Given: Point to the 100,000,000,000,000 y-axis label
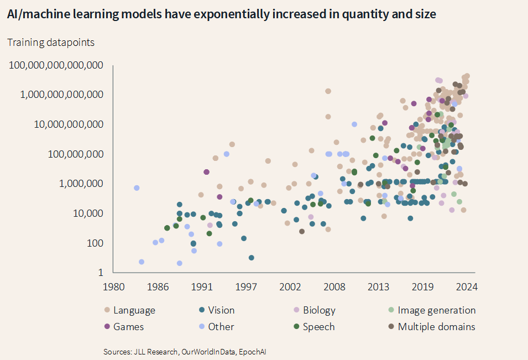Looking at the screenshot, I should pyautogui.click(x=56, y=65).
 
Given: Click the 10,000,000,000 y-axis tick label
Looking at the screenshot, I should pyautogui.click(x=68, y=124).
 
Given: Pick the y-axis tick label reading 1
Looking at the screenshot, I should pyautogui.click(x=100, y=272).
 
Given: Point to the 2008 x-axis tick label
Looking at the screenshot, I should pyautogui.click(x=334, y=287).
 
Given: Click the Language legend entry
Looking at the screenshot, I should pyautogui.click(x=134, y=310).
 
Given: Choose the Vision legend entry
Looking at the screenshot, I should pyautogui.click(x=222, y=310).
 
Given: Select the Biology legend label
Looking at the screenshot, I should pyautogui.click(x=319, y=310).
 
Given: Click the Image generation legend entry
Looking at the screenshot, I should pyautogui.click(x=436, y=310).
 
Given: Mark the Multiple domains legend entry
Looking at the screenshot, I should pyautogui.click(x=436, y=327).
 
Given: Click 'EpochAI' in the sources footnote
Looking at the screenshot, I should pyautogui.click(x=259, y=352).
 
